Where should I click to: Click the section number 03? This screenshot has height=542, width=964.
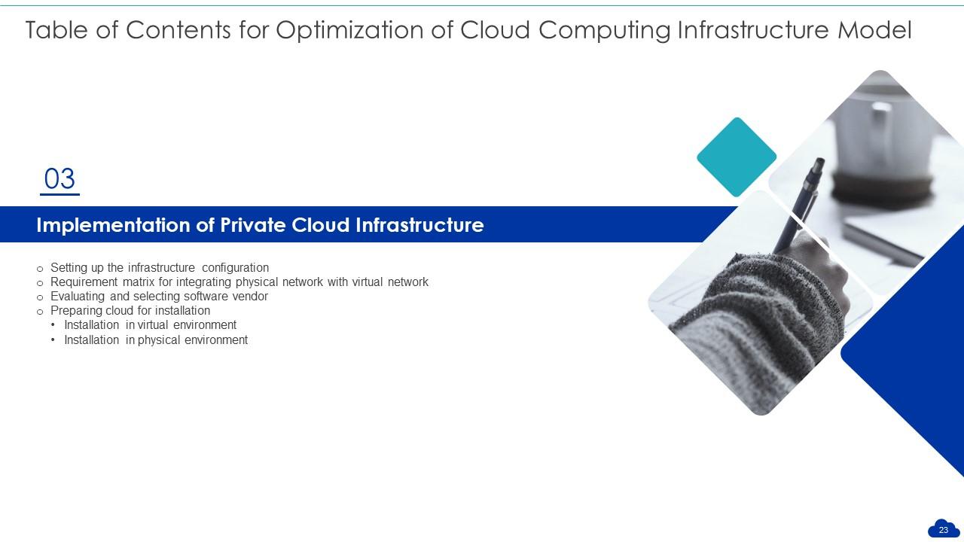point(59,179)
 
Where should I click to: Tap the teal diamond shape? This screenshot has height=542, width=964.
point(736,157)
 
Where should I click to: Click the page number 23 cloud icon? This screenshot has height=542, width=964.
point(943,529)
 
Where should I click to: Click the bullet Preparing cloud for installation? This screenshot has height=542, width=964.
point(130,311)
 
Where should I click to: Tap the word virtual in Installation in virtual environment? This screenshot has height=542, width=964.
point(154,325)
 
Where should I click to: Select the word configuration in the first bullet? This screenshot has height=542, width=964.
point(236,268)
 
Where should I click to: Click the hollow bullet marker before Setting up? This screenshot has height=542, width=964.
point(40,269)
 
